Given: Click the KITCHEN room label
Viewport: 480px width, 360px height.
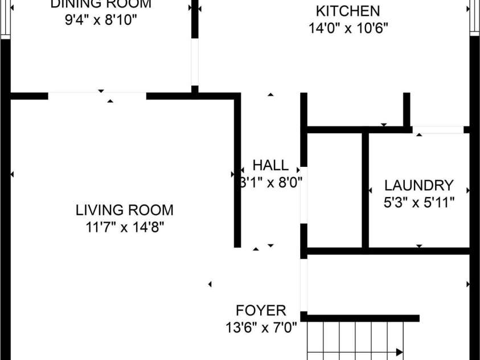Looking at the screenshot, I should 347,11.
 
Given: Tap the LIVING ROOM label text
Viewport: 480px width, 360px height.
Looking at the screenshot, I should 124,210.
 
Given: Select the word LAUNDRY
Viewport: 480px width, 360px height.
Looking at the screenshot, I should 419,185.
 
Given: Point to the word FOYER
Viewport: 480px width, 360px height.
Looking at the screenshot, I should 261,310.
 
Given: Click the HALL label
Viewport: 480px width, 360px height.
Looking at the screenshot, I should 270,166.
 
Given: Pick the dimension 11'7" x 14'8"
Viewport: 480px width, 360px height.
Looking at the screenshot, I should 124,227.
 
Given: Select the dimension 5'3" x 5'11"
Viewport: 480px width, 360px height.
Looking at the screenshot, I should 419,202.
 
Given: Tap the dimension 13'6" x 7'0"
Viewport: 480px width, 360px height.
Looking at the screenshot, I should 261,328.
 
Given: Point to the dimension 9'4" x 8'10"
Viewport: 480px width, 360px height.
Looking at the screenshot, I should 101,20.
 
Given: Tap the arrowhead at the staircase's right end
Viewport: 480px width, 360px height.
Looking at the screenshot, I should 400,351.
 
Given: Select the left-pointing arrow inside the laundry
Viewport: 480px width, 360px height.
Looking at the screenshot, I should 370,190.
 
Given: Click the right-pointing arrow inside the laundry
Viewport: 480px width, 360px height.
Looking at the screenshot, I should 468,190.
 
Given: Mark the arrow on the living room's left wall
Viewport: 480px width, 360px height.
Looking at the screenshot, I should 12,174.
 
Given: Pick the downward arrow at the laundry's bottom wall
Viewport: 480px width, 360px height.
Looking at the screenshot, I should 420,246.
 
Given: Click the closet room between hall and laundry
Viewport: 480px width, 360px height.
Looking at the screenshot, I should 335,191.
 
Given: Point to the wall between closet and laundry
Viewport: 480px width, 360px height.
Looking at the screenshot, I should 365,191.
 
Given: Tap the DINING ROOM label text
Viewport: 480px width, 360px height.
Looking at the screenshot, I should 101,4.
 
